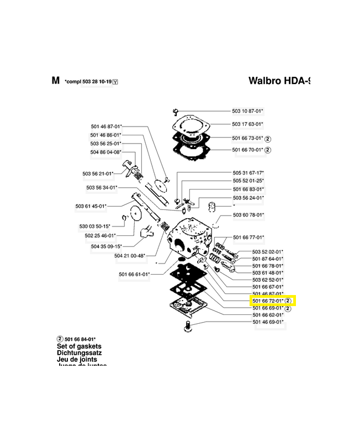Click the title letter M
pyautogui.click(x=55, y=81)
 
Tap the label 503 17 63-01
pyautogui.click(x=248, y=124)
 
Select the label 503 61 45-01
pyautogui.click(x=91, y=206)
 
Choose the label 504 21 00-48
pyautogui.click(x=130, y=256)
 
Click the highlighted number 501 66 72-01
pyautogui.click(x=267, y=301)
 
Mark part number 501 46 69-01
pyautogui.click(x=268, y=322)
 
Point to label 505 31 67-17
pyautogui.click(x=248, y=172)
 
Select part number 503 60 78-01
pyautogui.click(x=248, y=214)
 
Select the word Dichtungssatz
pyautogui.click(x=79, y=352)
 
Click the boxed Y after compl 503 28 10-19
pyautogui.click(x=115, y=82)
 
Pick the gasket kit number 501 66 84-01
pyautogui.click(x=80, y=339)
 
